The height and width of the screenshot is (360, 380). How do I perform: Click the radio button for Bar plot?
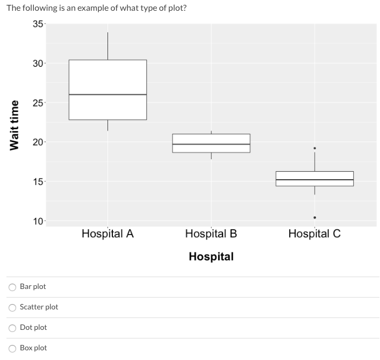pos(12,287)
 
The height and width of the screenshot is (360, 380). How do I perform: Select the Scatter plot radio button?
pos(12,307)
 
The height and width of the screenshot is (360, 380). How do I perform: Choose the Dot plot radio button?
pos(12,328)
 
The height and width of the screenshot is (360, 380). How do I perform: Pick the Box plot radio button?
pos(12,348)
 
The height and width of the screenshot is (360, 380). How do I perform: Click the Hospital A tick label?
pos(107,234)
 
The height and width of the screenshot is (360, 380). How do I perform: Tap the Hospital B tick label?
pos(211,234)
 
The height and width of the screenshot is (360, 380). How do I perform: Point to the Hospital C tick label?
pos(314,234)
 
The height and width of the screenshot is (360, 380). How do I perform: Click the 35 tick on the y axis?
pos(38,24)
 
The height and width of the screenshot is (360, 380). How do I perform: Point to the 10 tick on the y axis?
pos(38,221)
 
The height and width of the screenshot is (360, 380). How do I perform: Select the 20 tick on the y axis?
pos(38,142)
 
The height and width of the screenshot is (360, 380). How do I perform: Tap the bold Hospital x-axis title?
pos(211,256)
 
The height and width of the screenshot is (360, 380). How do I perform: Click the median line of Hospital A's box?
pos(107,95)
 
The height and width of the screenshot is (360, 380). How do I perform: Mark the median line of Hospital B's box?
pos(211,144)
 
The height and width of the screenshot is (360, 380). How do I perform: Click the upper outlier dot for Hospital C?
pos(314,148)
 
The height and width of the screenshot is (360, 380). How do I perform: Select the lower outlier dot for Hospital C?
pos(314,217)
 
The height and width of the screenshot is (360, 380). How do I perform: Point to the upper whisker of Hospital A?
pos(107,46)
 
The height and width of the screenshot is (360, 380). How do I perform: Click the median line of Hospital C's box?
pos(314,180)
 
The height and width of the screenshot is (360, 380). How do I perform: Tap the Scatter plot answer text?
pos(39,307)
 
